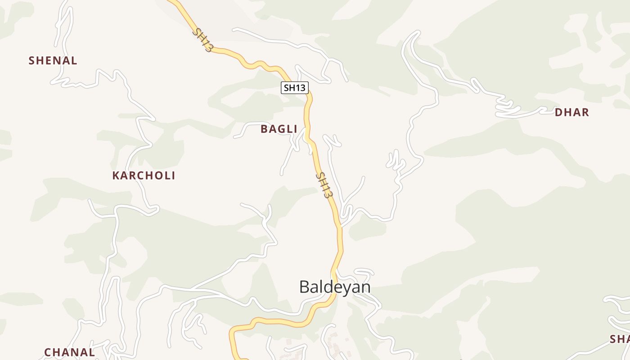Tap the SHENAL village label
click(x=53, y=60)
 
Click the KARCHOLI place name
click(x=144, y=175)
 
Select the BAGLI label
click(x=279, y=129)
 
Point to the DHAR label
click(x=571, y=112)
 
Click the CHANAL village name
click(x=69, y=352)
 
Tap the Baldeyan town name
click(x=335, y=287)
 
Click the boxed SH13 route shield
click(x=295, y=88)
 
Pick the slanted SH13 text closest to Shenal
click(x=202, y=40)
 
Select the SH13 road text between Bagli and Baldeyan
click(x=324, y=185)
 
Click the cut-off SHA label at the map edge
click(x=620, y=339)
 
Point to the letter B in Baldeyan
click(x=305, y=287)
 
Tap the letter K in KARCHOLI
click(x=116, y=175)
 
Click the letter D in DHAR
click(x=558, y=112)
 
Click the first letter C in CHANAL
click(x=47, y=352)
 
